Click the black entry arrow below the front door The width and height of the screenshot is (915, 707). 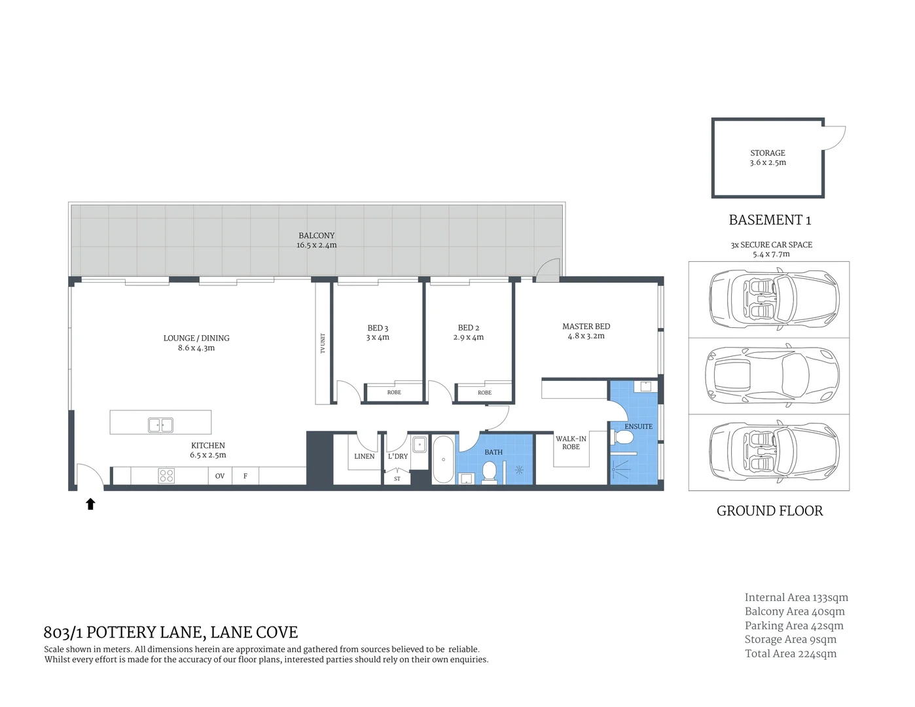click(x=91, y=503)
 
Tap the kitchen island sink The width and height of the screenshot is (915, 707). click(x=160, y=425)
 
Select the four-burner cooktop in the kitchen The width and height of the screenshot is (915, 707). click(x=166, y=476)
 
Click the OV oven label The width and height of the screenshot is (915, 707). click(x=220, y=476)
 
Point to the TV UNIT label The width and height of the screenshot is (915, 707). click(x=323, y=343)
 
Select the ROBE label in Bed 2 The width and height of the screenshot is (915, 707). click(x=484, y=393)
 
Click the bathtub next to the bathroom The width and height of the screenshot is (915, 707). click(x=443, y=459)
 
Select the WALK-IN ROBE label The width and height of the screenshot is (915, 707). click(x=571, y=443)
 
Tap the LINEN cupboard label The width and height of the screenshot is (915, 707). click(x=365, y=456)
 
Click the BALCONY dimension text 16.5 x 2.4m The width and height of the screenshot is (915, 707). click(x=316, y=245)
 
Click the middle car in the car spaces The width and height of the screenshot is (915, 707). click(x=771, y=376)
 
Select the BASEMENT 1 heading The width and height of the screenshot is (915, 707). click(x=770, y=220)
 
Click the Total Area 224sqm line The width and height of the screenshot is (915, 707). click(x=791, y=653)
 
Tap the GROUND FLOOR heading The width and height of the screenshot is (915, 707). click(x=770, y=511)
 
